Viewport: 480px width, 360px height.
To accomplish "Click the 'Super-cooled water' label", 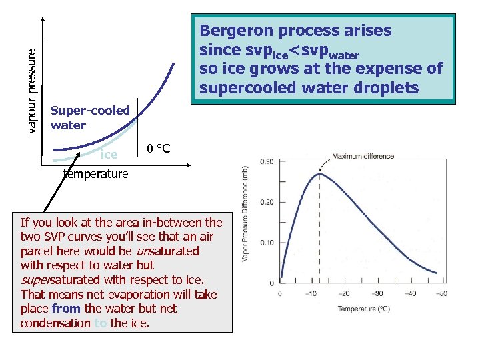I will coord(90,117).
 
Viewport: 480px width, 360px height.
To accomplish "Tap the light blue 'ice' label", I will coord(109,155).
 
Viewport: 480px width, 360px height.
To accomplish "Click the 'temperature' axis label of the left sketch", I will coord(95,174).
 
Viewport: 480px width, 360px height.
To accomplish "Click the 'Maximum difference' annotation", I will coord(363,157).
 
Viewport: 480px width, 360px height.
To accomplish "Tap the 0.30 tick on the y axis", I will coord(266,161).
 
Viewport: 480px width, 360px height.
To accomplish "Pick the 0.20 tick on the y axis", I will coord(266,202).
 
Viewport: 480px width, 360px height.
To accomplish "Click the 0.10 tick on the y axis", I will coord(266,243).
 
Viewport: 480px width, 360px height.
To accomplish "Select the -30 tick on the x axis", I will coord(377,293).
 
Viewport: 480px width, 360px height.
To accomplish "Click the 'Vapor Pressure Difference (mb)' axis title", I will coord(245,223).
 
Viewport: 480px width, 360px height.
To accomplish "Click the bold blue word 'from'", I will coord(65,309).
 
